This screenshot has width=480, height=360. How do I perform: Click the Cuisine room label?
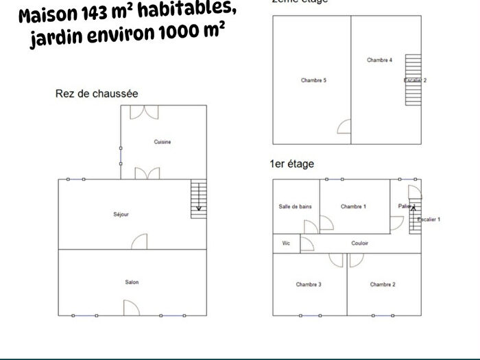click(163, 142)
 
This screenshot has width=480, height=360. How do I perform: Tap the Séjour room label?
click(121, 215)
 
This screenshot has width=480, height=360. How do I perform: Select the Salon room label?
click(132, 282)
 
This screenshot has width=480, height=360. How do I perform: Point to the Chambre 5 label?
click(313, 80)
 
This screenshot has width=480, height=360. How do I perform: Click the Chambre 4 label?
click(379, 60)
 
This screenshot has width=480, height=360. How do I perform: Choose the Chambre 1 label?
click(353, 206)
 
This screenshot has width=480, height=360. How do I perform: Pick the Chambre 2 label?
click(383, 284)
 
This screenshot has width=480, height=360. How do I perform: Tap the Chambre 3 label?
click(309, 284)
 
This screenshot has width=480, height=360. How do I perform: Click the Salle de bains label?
click(295, 206)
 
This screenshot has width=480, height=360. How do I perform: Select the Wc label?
click(286, 243)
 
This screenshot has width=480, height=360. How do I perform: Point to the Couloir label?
click(360, 243)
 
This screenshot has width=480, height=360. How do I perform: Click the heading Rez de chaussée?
click(97, 93)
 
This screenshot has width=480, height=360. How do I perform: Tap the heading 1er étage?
click(292, 165)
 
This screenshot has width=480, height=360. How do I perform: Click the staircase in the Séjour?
click(198, 200)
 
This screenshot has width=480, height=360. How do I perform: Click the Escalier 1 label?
click(429, 219)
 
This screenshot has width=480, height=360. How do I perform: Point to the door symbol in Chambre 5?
click(344, 127)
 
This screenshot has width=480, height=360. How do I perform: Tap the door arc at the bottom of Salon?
click(131, 308)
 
